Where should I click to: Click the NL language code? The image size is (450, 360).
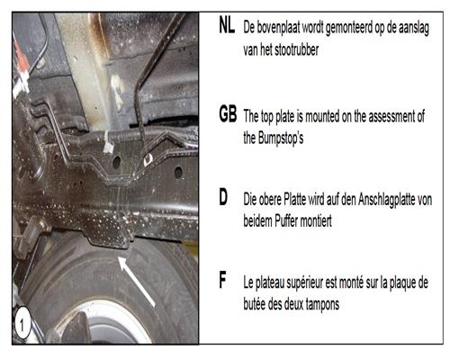227,25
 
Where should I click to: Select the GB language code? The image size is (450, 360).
228,114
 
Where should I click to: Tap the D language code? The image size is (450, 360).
223,198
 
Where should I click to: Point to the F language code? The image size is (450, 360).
222,280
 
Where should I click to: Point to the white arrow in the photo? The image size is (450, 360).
137,282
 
